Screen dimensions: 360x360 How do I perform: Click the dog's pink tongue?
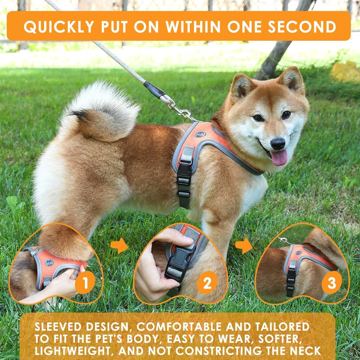coord(279,158)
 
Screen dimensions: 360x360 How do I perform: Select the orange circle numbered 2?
coord(207,283)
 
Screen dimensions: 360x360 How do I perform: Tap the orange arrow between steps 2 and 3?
coord(244,246)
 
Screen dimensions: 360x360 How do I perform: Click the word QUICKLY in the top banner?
coord(54,27)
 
